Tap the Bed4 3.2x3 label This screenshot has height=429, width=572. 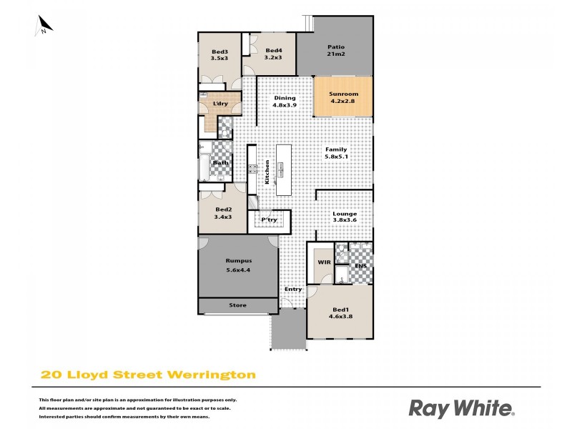point(273,54)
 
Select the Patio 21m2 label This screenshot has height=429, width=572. point(336,51)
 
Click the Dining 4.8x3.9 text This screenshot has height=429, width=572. point(284,102)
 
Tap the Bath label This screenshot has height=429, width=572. point(220,162)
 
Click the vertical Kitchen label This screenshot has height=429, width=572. point(267,173)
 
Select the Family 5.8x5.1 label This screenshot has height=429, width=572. point(336,153)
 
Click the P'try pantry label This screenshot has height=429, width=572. point(269,220)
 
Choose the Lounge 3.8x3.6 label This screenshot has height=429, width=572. point(345,217)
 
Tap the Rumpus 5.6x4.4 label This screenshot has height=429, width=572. point(237,265)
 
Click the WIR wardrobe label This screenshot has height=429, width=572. point(324,262)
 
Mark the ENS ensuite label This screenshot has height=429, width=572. point(360,267)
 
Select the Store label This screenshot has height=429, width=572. point(237,305)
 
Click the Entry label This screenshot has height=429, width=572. point(293,290)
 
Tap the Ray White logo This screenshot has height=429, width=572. point(461,408)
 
